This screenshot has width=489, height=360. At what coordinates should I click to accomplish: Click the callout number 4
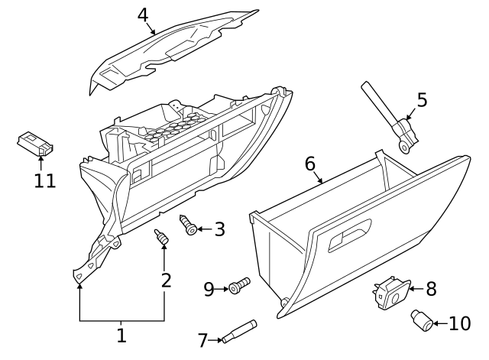click(x=143, y=15)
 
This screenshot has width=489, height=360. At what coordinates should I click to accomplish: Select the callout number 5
click(x=421, y=100)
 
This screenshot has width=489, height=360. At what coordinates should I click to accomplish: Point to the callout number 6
click(x=309, y=164)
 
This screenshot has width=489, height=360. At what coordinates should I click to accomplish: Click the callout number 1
click(x=121, y=335)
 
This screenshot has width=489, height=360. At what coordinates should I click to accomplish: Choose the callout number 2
click(x=166, y=280)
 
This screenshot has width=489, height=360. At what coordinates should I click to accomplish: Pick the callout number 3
click(x=219, y=229)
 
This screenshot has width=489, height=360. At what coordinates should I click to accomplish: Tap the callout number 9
click(x=209, y=289)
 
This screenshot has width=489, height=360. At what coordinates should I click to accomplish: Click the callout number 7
click(x=202, y=340)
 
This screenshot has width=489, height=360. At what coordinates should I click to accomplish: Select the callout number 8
click(x=431, y=289)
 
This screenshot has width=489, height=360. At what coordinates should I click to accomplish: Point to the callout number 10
click(x=460, y=323)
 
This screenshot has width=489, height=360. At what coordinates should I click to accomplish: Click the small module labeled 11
click(x=36, y=144)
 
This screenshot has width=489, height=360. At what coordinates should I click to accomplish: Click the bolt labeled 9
click(x=238, y=286)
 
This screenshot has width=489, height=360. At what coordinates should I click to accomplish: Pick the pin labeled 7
click(x=239, y=330)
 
